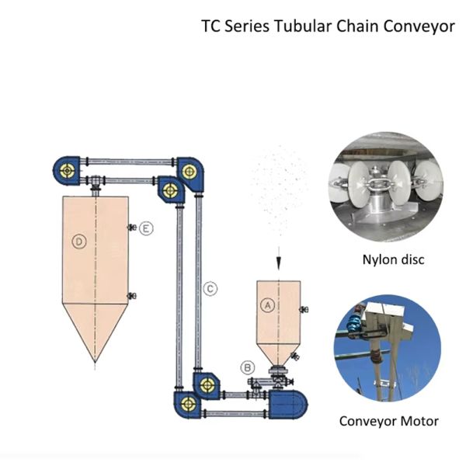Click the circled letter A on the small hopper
pyautogui.click(x=267, y=305)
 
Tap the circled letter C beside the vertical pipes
pyautogui.click(x=210, y=289)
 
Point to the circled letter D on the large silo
pyautogui.click(x=78, y=242)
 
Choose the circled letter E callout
pyautogui.click(x=146, y=228)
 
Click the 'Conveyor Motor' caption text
pyautogui.click(x=388, y=422)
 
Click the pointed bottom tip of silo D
pyautogui.click(x=95, y=362)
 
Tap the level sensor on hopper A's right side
pyautogui.click(x=304, y=311)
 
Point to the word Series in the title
pyautogui.click(x=246, y=26)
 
